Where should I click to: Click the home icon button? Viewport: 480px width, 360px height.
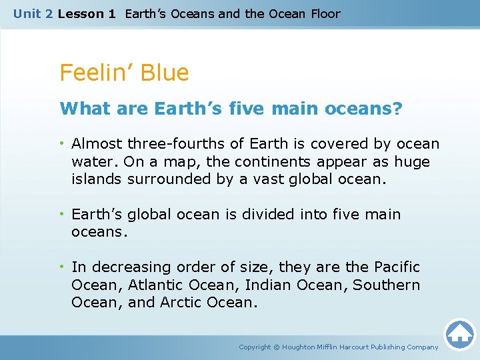[x=459, y=334]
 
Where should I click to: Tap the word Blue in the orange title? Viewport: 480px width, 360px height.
[x=167, y=73]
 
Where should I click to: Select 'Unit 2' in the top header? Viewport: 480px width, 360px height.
[x=33, y=13]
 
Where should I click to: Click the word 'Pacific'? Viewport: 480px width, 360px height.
[x=397, y=267]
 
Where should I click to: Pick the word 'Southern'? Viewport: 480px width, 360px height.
[x=387, y=285]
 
